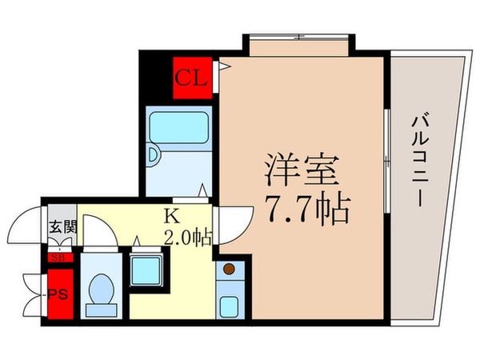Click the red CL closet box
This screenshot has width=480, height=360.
[194, 78]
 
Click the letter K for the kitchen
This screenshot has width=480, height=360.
[170, 214]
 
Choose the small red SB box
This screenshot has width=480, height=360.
[58, 258]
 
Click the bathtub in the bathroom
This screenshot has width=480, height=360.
[178, 126]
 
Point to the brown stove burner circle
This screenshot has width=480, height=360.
[229, 269]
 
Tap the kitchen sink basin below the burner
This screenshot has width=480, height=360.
[229, 305]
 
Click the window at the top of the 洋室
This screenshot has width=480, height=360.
[297, 37]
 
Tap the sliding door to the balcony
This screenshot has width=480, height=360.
[386, 160]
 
